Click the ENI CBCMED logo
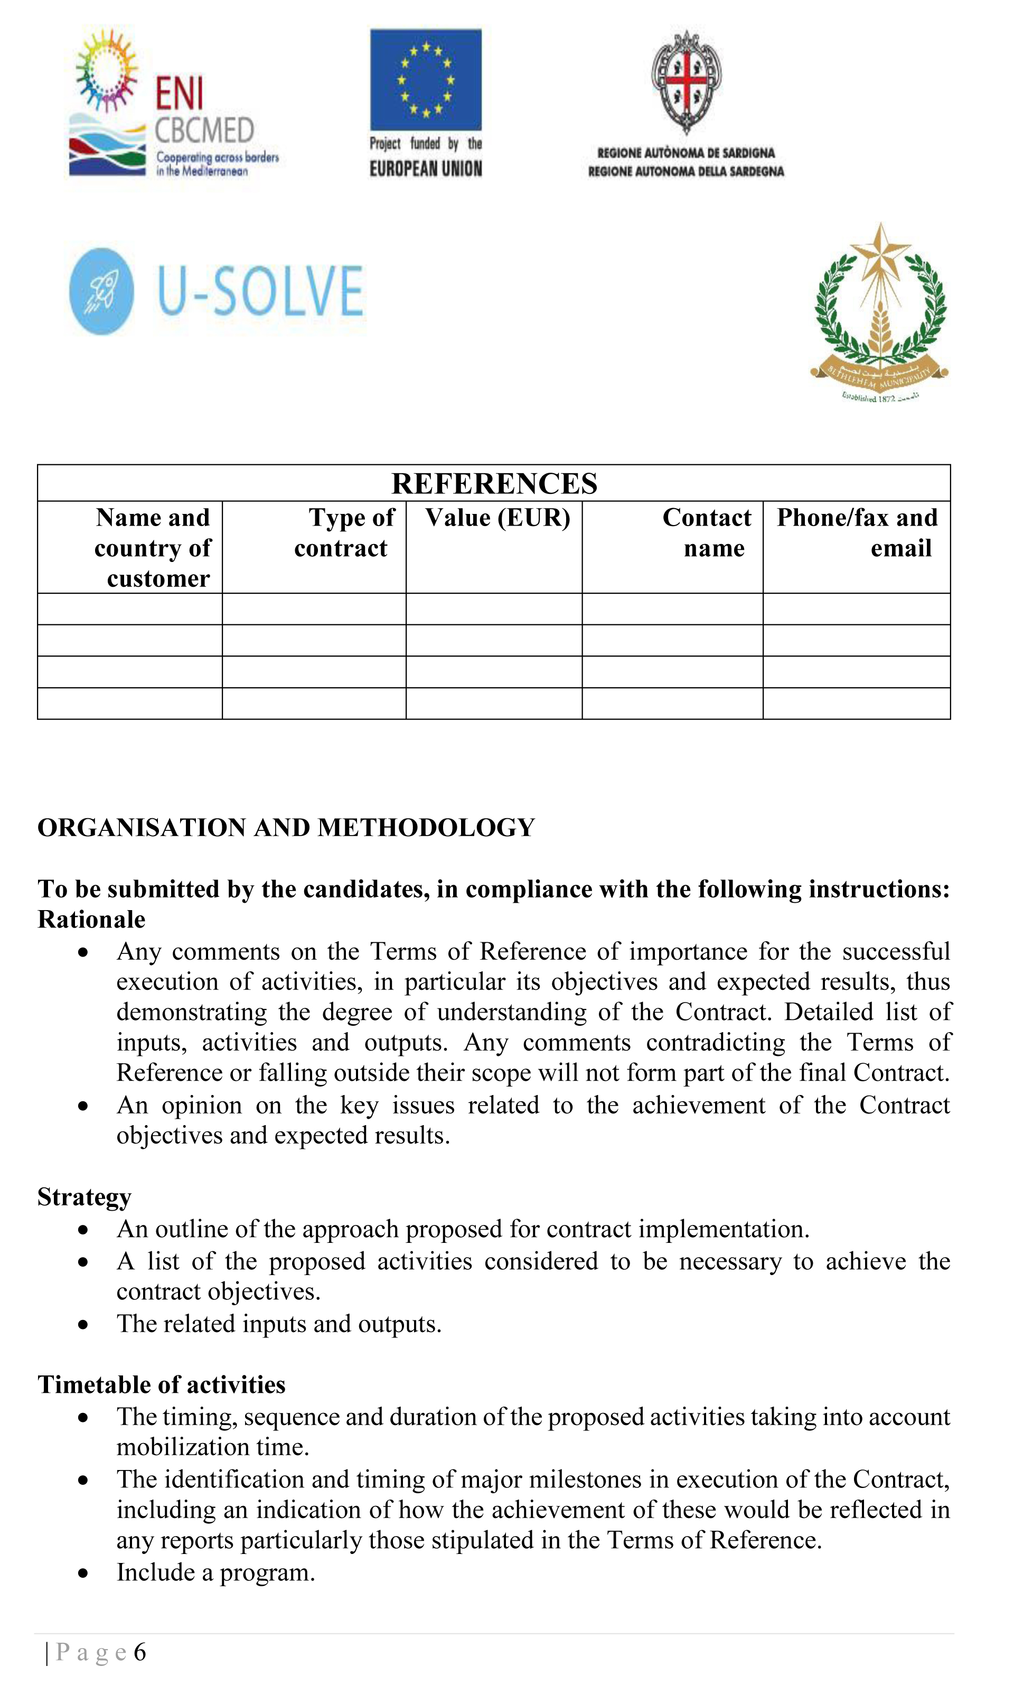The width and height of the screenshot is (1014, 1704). pos(174,102)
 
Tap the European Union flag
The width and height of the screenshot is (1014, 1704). pos(426,79)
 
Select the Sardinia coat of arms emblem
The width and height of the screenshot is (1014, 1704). pos(686,81)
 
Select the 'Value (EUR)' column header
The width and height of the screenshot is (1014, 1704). pos(497,518)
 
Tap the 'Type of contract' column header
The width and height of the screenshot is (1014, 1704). pos(344,533)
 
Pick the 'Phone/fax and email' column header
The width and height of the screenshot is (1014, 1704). pos(858,533)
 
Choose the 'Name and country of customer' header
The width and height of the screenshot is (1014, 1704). pos(153,548)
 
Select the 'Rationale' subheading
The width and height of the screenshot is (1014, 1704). pos(91,920)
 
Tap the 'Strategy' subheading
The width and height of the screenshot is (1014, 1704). pos(84,1197)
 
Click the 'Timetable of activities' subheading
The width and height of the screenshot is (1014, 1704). pos(161,1385)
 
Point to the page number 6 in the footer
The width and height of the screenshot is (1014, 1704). pos(140,1652)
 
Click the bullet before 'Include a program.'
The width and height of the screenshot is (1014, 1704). pos(83,1574)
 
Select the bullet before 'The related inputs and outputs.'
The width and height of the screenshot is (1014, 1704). pos(83,1325)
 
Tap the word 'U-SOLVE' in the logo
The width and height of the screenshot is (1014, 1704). pos(260,292)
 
